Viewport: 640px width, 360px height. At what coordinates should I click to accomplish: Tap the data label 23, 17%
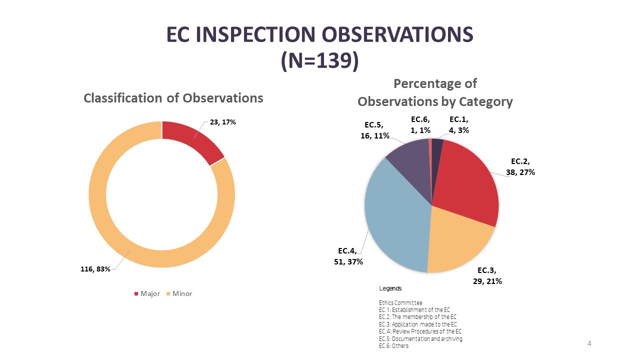(223, 121)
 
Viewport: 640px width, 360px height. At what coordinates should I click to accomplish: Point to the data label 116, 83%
(95, 269)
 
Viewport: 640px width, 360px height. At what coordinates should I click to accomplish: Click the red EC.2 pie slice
(467, 180)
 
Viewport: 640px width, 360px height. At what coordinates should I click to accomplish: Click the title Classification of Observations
(173, 98)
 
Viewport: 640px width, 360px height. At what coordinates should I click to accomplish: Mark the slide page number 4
(589, 343)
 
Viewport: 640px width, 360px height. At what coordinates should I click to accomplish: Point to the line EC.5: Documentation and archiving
(420, 339)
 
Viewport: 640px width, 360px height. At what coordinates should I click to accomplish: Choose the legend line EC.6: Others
(393, 346)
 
